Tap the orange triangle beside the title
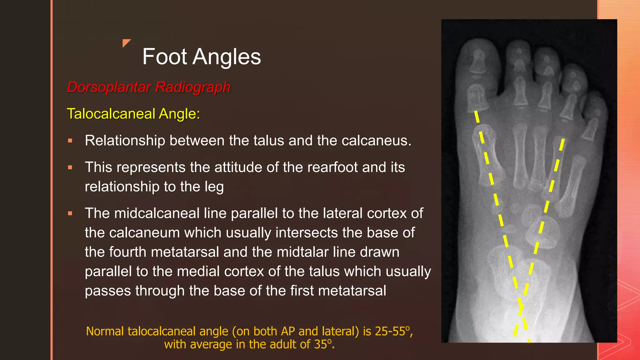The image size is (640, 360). tap(126, 43)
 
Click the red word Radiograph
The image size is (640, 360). tap(193, 87)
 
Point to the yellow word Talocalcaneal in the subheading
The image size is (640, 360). tap(111, 114)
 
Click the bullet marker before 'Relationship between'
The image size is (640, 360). tap(70, 141)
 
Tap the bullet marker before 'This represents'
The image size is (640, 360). tap(70, 168)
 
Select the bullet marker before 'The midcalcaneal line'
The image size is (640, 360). tap(70, 214)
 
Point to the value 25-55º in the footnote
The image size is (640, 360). tap(392, 331)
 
